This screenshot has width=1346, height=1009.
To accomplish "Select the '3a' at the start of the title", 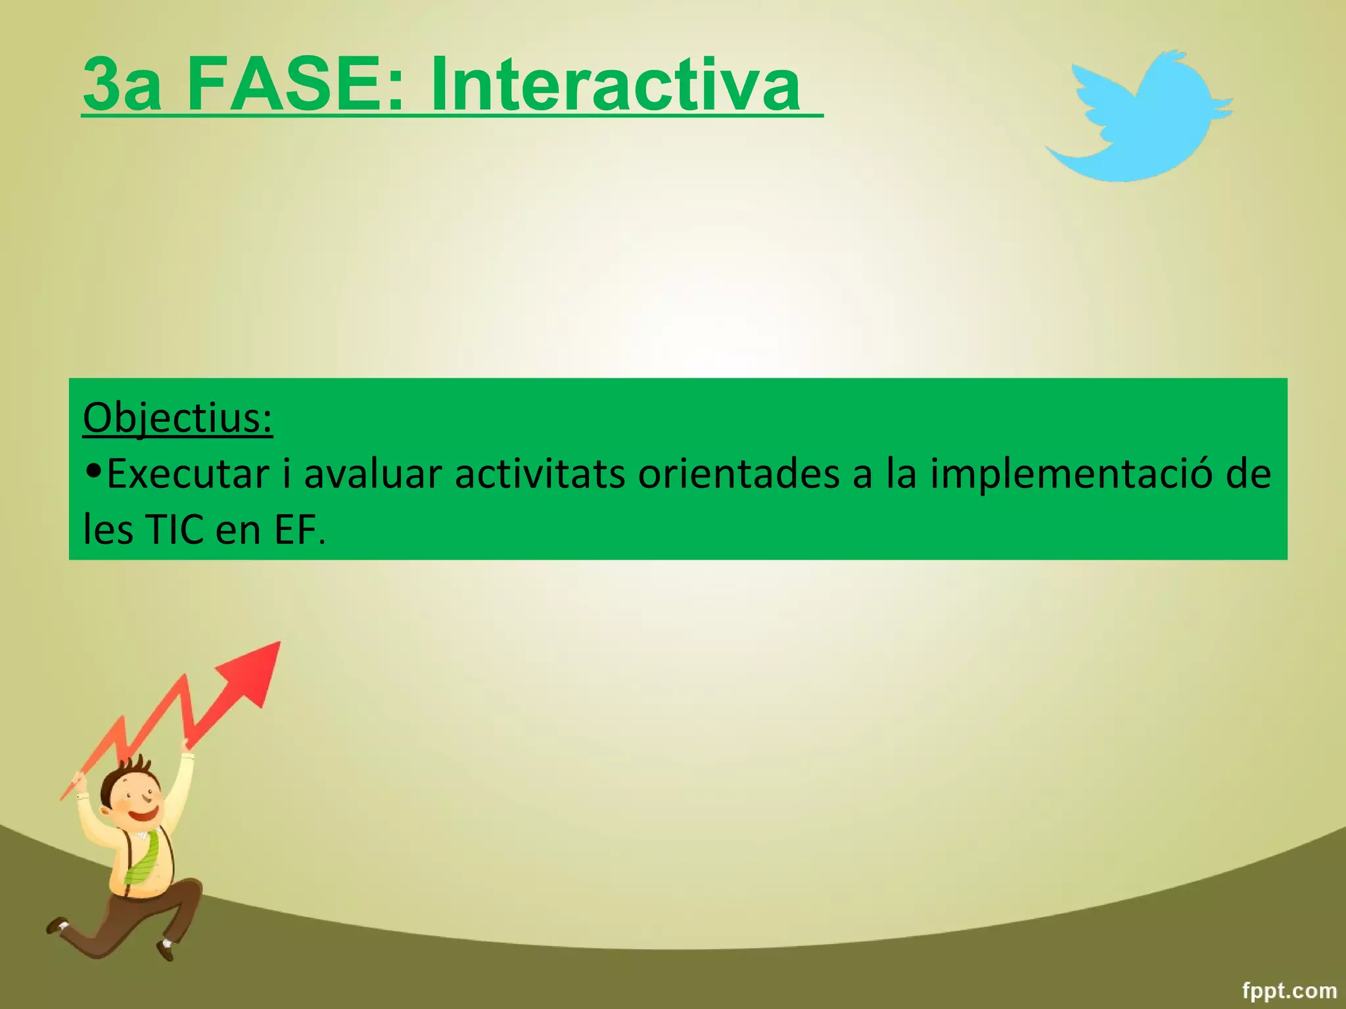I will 122,85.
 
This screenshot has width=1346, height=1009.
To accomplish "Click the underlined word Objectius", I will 177,417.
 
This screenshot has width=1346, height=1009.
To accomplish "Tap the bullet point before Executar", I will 93,471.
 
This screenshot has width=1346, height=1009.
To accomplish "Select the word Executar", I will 188,474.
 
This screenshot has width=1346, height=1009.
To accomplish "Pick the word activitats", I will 539,474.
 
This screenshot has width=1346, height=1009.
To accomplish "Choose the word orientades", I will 738,474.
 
